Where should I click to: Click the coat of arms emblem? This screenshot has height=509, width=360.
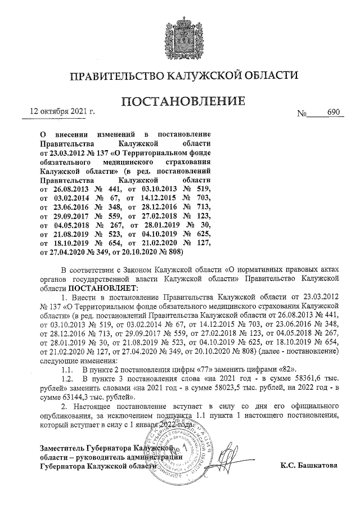[x=179, y=35]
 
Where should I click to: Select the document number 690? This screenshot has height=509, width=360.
[x=335, y=112]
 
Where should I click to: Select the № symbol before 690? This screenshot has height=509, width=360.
[x=302, y=113]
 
